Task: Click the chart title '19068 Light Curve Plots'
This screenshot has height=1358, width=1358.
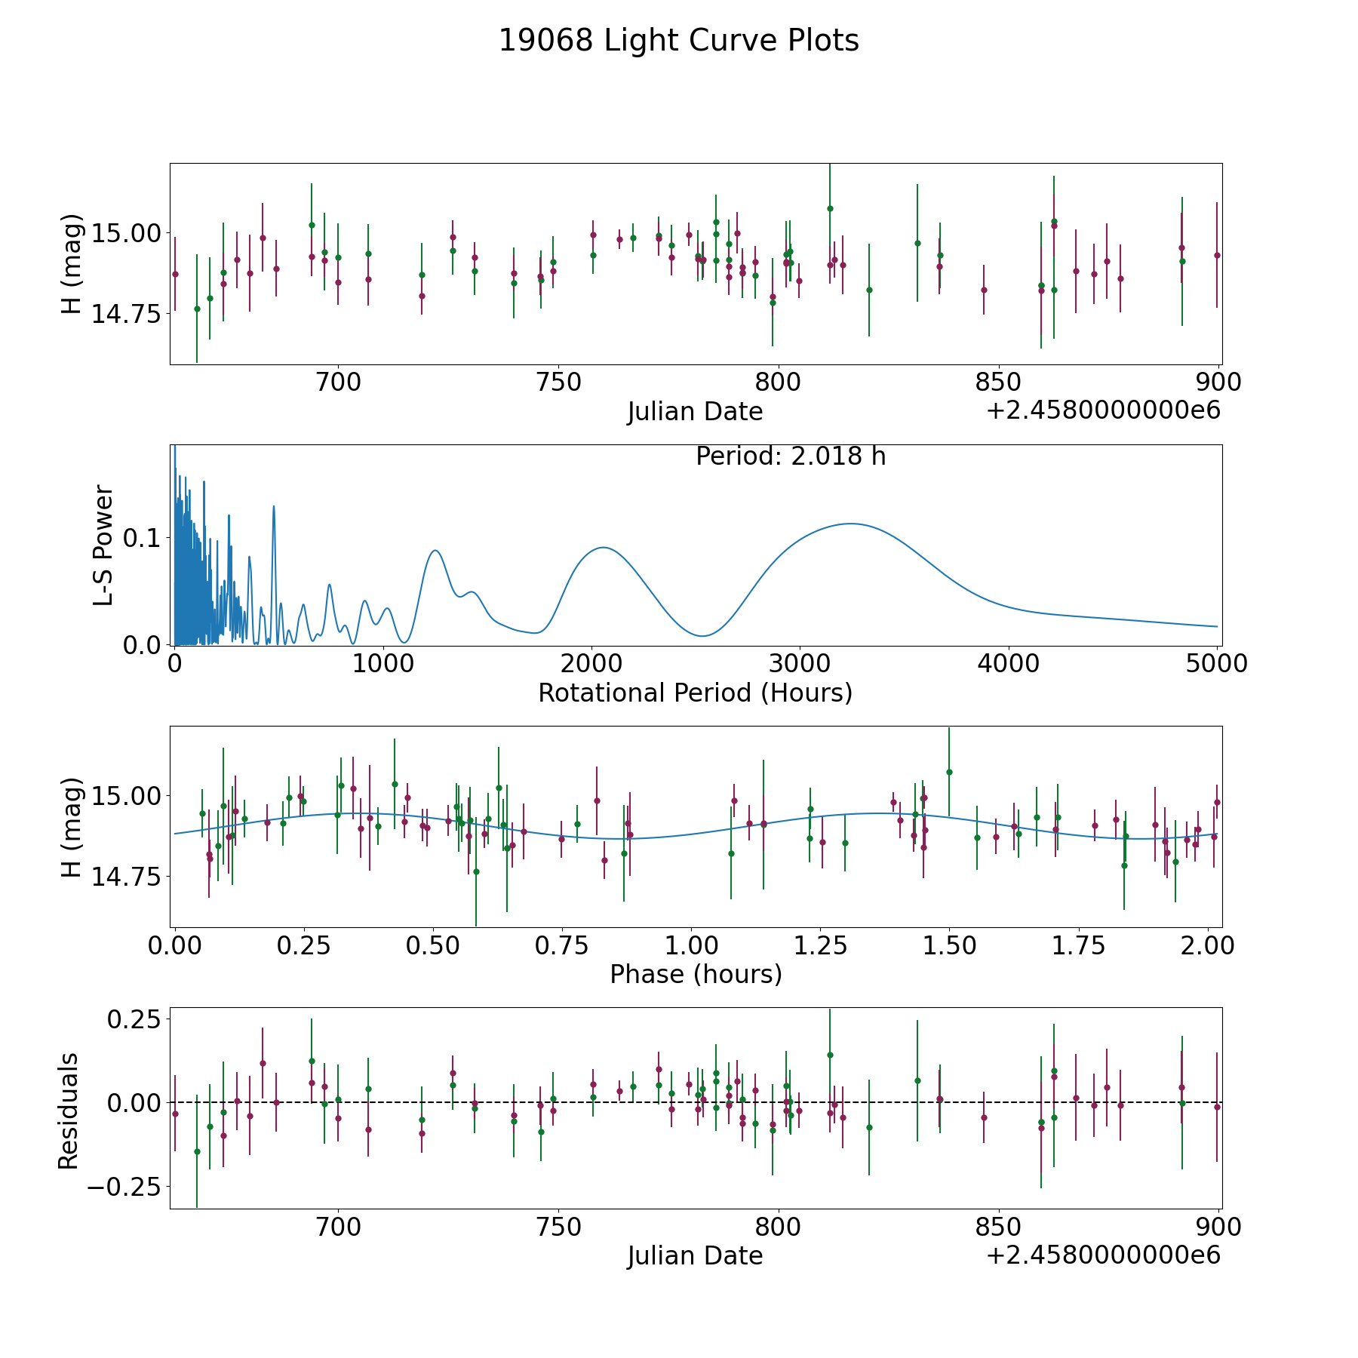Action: (679, 41)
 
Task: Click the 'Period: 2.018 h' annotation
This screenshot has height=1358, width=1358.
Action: (791, 456)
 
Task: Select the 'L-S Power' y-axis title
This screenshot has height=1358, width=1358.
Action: (103, 545)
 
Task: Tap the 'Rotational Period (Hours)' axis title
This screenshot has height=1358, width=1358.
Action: (695, 693)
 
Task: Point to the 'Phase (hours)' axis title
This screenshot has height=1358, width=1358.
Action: (696, 974)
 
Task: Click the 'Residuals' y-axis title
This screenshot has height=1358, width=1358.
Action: (69, 1111)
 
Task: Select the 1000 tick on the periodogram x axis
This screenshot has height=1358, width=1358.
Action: (383, 663)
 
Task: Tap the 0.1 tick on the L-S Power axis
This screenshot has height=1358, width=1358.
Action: (143, 538)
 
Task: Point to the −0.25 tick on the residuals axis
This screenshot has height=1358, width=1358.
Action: (124, 1187)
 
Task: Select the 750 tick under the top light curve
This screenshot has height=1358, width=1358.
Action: (558, 382)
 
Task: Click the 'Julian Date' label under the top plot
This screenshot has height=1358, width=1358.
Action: (695, 411)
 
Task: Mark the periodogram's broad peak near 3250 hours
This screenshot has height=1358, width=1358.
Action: (851, 524)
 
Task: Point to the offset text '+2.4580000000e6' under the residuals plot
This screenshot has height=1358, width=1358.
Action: (1103, 1255)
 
